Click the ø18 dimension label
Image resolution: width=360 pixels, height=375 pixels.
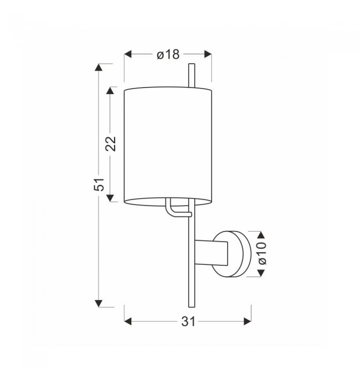[168, 55]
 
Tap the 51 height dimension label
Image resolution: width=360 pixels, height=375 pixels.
[99, 184]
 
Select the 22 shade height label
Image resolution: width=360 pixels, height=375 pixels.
[111, 143]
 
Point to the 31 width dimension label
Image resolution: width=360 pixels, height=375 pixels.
[188, 321]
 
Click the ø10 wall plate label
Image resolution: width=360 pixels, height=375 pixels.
[263, 253]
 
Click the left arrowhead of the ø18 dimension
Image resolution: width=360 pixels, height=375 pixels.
[128, 54]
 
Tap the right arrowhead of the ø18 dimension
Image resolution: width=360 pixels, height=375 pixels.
[208, 54]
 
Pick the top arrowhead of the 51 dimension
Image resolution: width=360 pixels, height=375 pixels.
[99, 68]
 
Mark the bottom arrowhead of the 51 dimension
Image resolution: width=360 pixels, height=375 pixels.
[99, 303]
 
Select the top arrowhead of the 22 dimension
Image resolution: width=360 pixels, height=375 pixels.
[110, 91]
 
